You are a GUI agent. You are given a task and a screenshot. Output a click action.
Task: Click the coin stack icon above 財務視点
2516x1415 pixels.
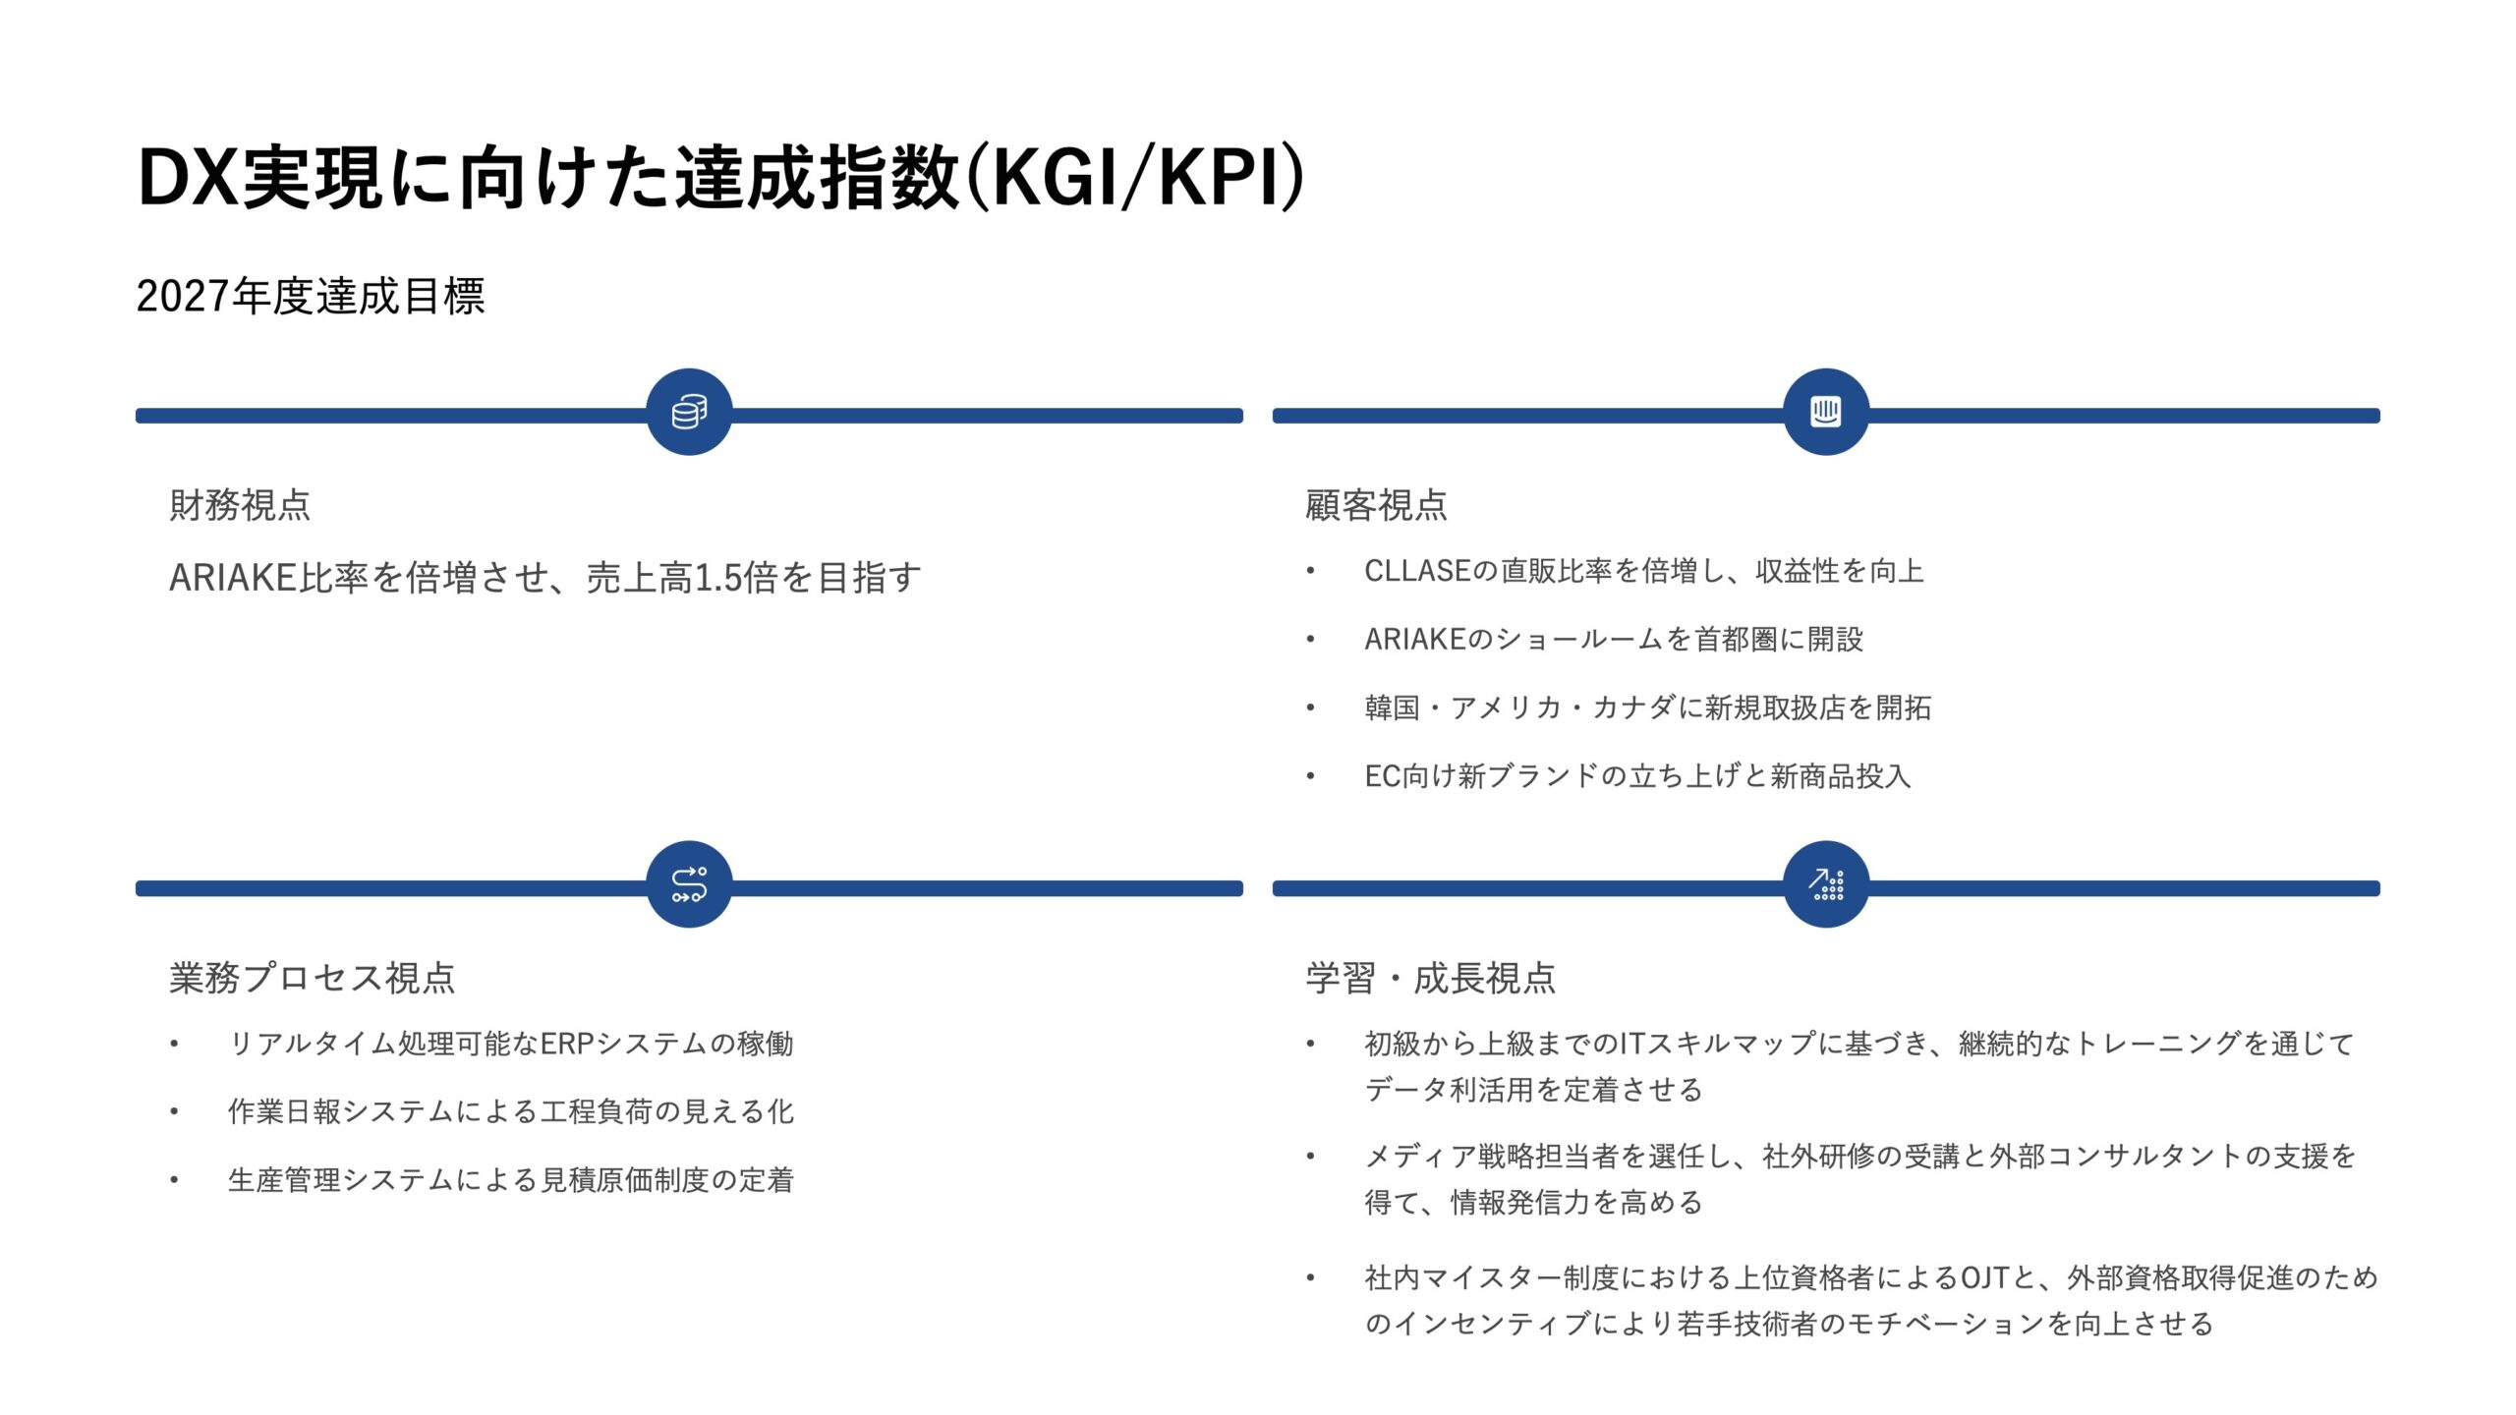689,412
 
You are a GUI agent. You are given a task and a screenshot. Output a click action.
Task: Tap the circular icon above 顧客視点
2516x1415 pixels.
1825,412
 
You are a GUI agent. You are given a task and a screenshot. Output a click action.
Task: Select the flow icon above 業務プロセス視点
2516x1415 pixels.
689,884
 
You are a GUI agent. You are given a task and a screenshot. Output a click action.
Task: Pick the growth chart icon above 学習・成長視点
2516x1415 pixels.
1825,884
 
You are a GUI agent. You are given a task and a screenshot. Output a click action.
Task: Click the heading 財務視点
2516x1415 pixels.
240,505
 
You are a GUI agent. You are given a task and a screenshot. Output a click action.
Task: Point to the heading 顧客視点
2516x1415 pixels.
1376,505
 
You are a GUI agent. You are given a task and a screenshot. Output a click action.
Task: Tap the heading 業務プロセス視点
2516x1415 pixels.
313,978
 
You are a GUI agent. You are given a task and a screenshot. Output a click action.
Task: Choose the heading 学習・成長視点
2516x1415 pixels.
1430,978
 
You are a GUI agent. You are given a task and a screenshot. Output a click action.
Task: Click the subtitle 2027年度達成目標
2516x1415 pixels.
311,296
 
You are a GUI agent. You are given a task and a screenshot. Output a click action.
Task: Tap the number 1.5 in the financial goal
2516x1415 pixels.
717,578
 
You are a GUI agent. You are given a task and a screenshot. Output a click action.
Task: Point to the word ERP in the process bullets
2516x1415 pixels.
567,1044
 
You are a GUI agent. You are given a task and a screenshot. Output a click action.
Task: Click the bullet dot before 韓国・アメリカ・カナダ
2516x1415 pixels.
1310,707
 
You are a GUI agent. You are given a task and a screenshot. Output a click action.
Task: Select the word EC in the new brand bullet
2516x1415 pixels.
1382,776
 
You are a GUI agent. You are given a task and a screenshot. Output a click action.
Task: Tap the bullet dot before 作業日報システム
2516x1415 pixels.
174,1112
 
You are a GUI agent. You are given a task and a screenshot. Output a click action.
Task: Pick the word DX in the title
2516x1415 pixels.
188,178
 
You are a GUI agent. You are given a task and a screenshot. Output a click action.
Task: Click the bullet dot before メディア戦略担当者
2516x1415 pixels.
1310,1157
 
